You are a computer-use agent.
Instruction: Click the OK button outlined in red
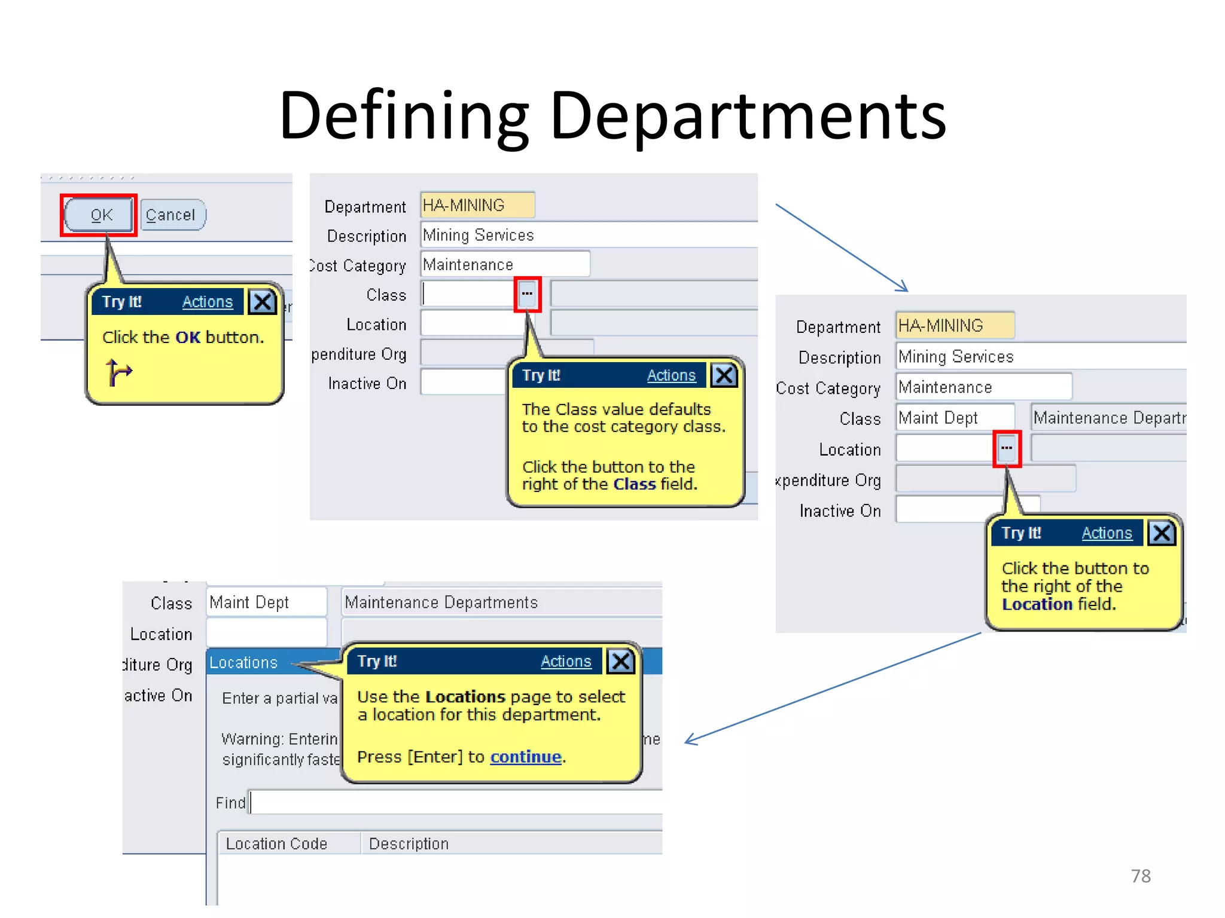99,215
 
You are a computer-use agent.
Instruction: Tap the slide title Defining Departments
612,115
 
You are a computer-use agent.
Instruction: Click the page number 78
1140,876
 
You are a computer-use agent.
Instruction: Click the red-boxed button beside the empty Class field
527,294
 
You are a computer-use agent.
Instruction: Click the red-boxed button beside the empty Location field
1007,448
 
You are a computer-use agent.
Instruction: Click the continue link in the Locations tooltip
525,757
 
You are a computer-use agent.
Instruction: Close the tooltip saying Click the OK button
263,302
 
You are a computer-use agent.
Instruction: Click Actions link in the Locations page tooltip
565,662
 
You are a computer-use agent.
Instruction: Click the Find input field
455,803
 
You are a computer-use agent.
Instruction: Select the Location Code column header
276,844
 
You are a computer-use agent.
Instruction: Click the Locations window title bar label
243,663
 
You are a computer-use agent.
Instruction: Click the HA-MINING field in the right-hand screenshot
954,326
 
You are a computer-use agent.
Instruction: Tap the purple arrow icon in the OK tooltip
118,372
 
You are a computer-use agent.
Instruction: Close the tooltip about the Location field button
1162,533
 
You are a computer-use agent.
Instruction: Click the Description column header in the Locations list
409,844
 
